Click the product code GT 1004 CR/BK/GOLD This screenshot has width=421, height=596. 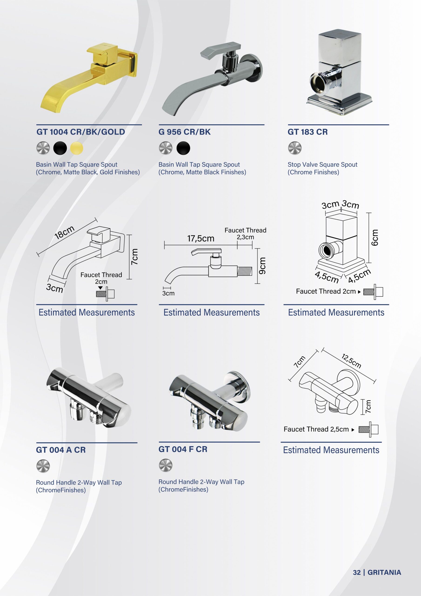pyautogui.click(x=81, y=132)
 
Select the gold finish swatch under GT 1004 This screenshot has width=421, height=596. pyautogui.click(x=77, y=148)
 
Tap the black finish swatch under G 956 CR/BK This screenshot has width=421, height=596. pyautogui.click(x=183, y=148)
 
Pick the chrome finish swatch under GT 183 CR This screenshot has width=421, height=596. pyautogui.click(x=295, y=148)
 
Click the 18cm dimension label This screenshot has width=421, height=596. pyautogui.click(x=64, y=232)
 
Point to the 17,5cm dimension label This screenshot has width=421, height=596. pyautogui.click(x=201, y=238)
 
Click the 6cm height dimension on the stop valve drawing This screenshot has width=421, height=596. pyautogui.click(x=374, y=237)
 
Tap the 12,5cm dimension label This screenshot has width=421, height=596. pyautogui.click(x=351, y=361)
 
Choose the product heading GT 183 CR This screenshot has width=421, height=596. pyautogui.click(x=308, y=132)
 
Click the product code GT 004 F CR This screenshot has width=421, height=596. pyautogui.click(x=183, y=449)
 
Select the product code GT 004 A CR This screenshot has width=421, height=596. pyautogui.click(x=61, y=450)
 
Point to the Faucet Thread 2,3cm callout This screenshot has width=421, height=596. pyautogui.click(x=245, y=233)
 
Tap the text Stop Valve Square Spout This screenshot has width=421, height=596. pyautogui.click(x=322, y=165)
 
